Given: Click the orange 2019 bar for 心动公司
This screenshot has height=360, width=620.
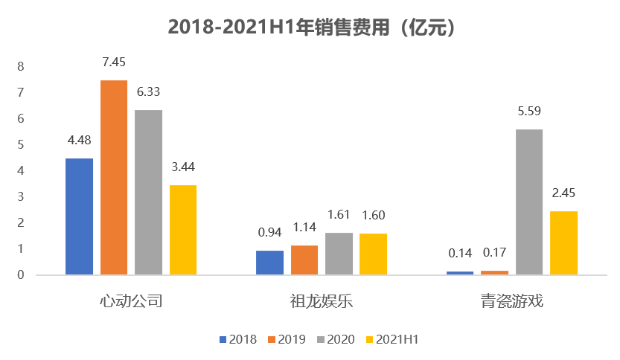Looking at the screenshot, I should pyautogui.click(x=114, y=177).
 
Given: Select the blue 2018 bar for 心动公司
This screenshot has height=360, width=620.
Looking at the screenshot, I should pyautogui.click(x=80, y=216).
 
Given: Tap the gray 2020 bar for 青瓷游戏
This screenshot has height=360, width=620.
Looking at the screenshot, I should pyautogui.click(x=529, y=202).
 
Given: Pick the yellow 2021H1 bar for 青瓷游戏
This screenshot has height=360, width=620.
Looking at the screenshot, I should pyautogui.click(x=563, y=242).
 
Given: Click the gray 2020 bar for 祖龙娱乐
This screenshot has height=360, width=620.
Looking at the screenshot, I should pyautogui.click(x=339, y=254).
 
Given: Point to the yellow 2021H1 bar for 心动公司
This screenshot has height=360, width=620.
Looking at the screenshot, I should pyautogui.click(x=182, y=230).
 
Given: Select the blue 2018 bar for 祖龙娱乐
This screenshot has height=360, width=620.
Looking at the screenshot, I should pyautogui.click(x=269, y=263).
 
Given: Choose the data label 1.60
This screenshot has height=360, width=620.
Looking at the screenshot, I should pyautogui.click(x=373, y=216).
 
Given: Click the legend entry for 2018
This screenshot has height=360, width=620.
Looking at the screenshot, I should pyautogui.click(x=238, y=340).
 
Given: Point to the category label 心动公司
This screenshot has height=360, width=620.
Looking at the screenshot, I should pyautogui.click(x=131, y=302).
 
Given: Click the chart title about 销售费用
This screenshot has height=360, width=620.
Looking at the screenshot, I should pyautogui.click(x=310, y=26).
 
